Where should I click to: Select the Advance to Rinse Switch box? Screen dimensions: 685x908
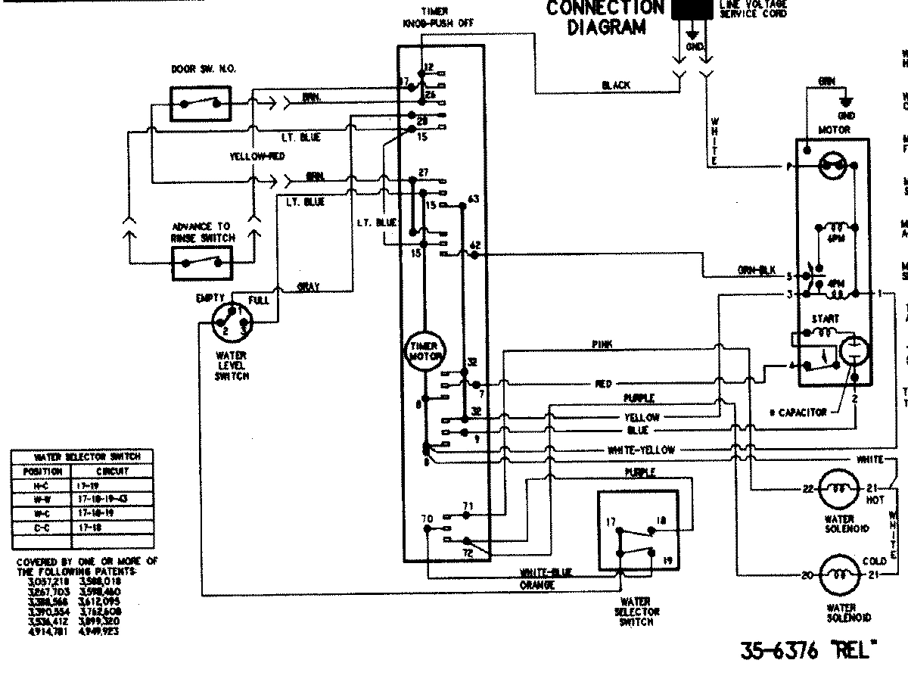201,263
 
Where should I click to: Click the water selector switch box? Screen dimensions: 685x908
637,530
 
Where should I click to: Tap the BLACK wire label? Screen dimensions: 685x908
617,86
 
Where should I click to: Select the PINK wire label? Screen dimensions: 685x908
603,344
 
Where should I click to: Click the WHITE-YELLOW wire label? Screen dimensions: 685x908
641,450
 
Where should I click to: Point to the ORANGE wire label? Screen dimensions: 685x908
538,586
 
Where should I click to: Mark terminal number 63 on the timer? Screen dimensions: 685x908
474,198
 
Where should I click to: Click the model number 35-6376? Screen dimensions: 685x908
779,652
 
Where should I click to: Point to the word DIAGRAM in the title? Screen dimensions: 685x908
607,28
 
